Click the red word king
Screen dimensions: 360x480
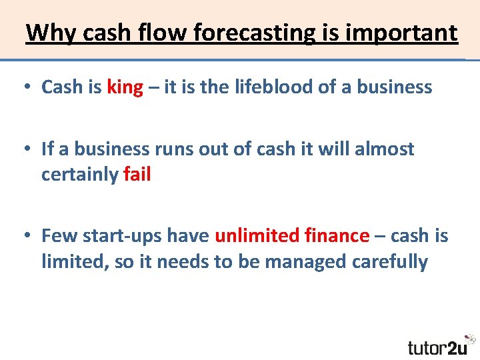(x=125, y=87)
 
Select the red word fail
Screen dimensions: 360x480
(x=137, y=175)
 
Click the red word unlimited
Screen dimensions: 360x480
(x=257, y=235)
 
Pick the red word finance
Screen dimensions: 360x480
(x=337, y=235)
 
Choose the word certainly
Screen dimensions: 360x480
(x=80, y=175)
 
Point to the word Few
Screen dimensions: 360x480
(x=57, y=235)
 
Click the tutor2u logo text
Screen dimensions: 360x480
(x=437, y=347)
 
